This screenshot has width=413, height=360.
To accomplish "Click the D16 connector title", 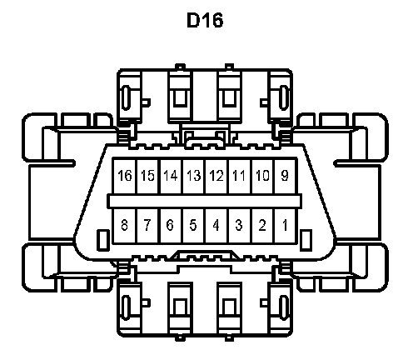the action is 205,20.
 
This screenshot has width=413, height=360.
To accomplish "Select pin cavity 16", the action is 125,176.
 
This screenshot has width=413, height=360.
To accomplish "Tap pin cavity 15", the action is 148,176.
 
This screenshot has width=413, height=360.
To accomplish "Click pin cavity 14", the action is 172,176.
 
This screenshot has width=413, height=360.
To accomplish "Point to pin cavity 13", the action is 194,176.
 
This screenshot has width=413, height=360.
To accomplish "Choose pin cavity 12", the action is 216,176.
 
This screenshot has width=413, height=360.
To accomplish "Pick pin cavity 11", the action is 240,176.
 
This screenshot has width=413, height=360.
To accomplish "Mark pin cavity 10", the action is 263,176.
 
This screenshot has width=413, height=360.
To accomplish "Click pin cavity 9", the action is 286,176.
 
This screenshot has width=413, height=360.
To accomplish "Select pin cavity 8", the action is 125,226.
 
